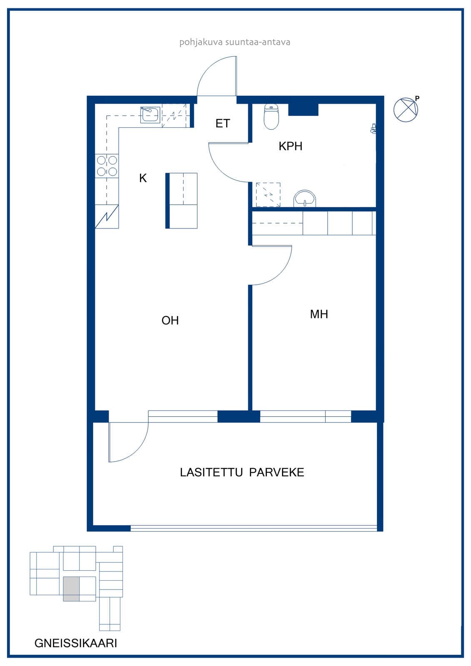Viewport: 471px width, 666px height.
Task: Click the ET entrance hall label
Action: click(222, 123)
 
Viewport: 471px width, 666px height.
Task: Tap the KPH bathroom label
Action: click(290, 146)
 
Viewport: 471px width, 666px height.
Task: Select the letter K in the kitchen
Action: click(143, 178)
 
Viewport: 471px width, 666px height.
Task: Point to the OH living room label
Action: click(170, 321)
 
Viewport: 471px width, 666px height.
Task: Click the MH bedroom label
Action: click(319, 314)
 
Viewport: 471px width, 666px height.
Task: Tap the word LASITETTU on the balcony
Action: click(211, 472)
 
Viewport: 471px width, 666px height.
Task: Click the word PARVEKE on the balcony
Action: click(277, 472)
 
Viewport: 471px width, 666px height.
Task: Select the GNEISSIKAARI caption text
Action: click(76, 643)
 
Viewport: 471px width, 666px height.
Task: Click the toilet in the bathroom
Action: click(271, 117)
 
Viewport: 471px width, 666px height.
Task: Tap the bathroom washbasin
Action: click(305, 198)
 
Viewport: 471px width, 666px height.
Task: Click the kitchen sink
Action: click(150, 115)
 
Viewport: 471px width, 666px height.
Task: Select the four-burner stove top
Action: click(107, 166)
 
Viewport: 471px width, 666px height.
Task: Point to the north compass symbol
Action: click(406, 110)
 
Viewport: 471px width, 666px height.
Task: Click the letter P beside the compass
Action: click(417, 98)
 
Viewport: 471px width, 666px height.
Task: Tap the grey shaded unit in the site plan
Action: click(71, 589)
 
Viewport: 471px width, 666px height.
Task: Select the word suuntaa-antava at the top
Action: click(258, 42)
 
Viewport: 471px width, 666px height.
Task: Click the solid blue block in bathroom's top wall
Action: click(304, 109)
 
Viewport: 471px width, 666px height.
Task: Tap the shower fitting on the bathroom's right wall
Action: click(373, 128)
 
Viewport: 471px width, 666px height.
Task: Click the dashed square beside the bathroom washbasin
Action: click(268, 195)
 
